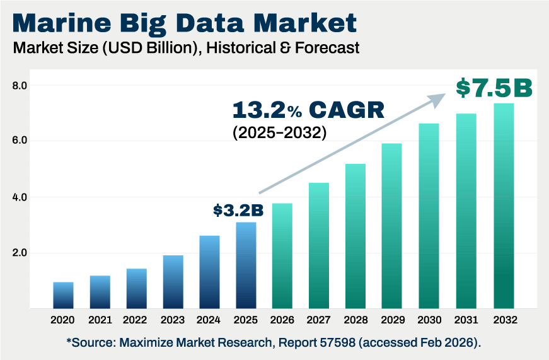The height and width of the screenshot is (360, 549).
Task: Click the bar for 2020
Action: click(x=63, y=295)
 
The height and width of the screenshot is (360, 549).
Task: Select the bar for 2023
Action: click(x=173, y=282)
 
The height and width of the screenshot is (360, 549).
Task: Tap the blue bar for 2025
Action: click(x=246, y=265)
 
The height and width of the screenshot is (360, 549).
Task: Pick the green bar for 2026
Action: click(x=282, y=256)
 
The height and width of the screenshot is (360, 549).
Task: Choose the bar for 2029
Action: click(x=391, y=226)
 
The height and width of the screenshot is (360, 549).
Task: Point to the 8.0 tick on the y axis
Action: click(x=20, y=85)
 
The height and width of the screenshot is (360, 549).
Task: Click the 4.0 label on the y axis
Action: click(x=20, y=197)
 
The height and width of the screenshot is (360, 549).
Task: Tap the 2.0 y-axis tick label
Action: click(x=20, y=253)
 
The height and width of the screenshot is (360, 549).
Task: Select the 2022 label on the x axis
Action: click(x=136, y=320)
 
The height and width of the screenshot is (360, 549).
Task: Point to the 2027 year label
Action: click(x=319, y=320)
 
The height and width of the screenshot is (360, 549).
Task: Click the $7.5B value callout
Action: click(x=494, y=88)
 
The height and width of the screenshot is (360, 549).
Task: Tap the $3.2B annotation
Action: click(x=238, y=210)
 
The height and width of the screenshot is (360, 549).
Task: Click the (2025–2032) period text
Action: click(x=279, y=134)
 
